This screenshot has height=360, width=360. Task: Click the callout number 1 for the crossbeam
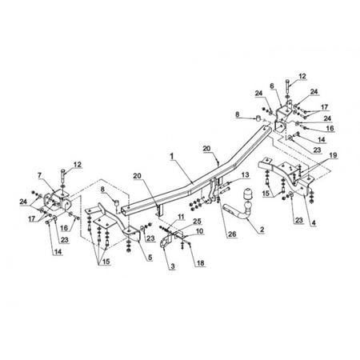[172, 156]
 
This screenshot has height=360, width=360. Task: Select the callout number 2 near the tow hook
[262, 229]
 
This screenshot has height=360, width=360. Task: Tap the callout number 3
[172, 266]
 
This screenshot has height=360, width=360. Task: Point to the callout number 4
[314, 222]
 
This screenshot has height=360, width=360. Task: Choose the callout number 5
[150, 257]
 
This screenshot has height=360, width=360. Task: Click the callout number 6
[272, 86]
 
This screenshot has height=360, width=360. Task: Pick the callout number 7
[39, 175]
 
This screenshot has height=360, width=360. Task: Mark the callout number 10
[199, 231]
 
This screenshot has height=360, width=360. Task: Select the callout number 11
[181, 217]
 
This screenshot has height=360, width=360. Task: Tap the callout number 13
[245, 174]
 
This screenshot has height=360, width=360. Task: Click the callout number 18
[200, 263]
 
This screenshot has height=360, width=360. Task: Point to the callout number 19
[333, 155]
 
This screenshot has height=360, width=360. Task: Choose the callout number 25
[198, 221]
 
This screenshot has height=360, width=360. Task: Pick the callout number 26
[232, 234]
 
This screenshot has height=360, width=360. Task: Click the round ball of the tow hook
[248, 206]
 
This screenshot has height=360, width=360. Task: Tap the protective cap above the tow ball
[248, 194]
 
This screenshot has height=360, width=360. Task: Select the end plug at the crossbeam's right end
[258, 118]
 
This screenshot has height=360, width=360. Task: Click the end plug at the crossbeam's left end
[117, 202]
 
